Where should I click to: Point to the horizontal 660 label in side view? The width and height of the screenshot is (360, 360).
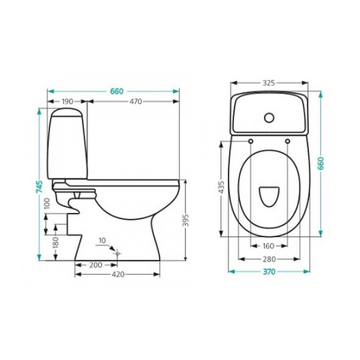(x=116, y=91)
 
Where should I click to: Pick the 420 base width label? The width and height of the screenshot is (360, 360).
(x=118, y=275)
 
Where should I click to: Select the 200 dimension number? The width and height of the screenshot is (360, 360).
(x=94, y=265)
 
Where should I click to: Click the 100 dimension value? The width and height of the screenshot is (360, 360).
(x=48, y=203)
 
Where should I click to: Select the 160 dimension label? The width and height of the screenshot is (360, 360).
(x=268, y=246)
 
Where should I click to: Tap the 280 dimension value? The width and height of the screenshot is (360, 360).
(x=268, y=259)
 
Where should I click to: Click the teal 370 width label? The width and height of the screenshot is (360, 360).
(x=268, y=272)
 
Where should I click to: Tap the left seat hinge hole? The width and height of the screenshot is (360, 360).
(x=250, y=141)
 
